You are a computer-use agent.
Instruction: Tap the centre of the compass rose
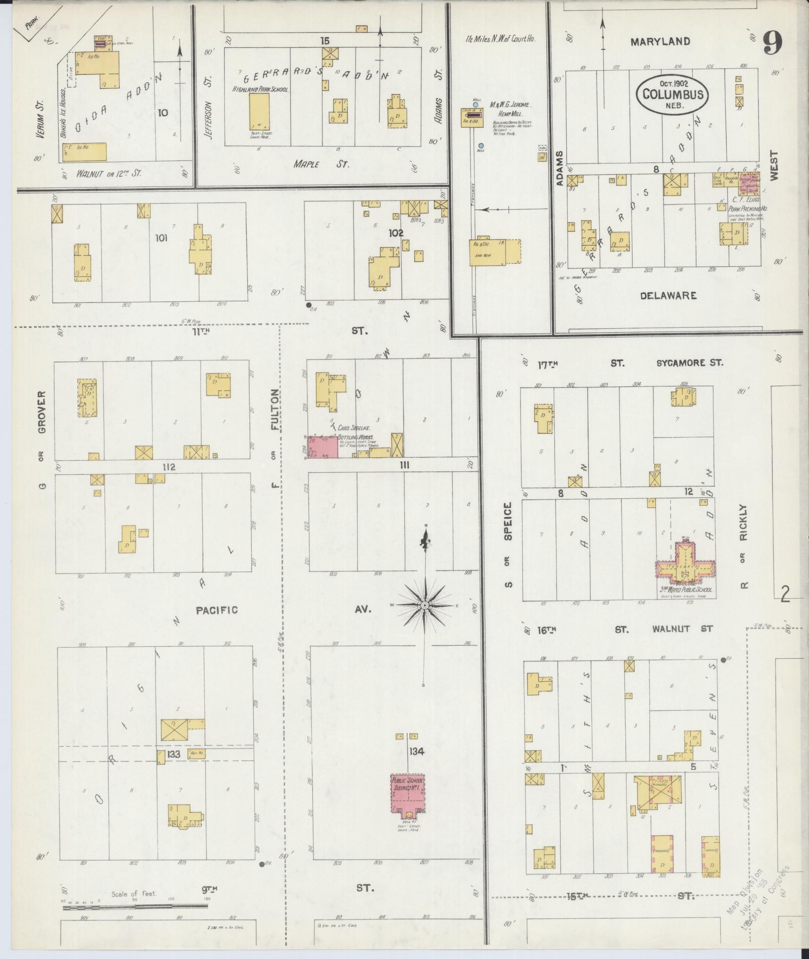(425, 606)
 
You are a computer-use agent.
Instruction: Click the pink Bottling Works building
(323, 447)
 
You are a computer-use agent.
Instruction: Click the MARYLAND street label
(660, 42)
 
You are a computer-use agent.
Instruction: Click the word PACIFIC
(217, 610)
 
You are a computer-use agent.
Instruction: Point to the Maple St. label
(321, 164)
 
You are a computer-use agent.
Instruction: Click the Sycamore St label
(690, 362)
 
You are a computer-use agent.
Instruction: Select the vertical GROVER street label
(42, 412)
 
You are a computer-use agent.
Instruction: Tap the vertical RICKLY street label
(743, 523)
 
